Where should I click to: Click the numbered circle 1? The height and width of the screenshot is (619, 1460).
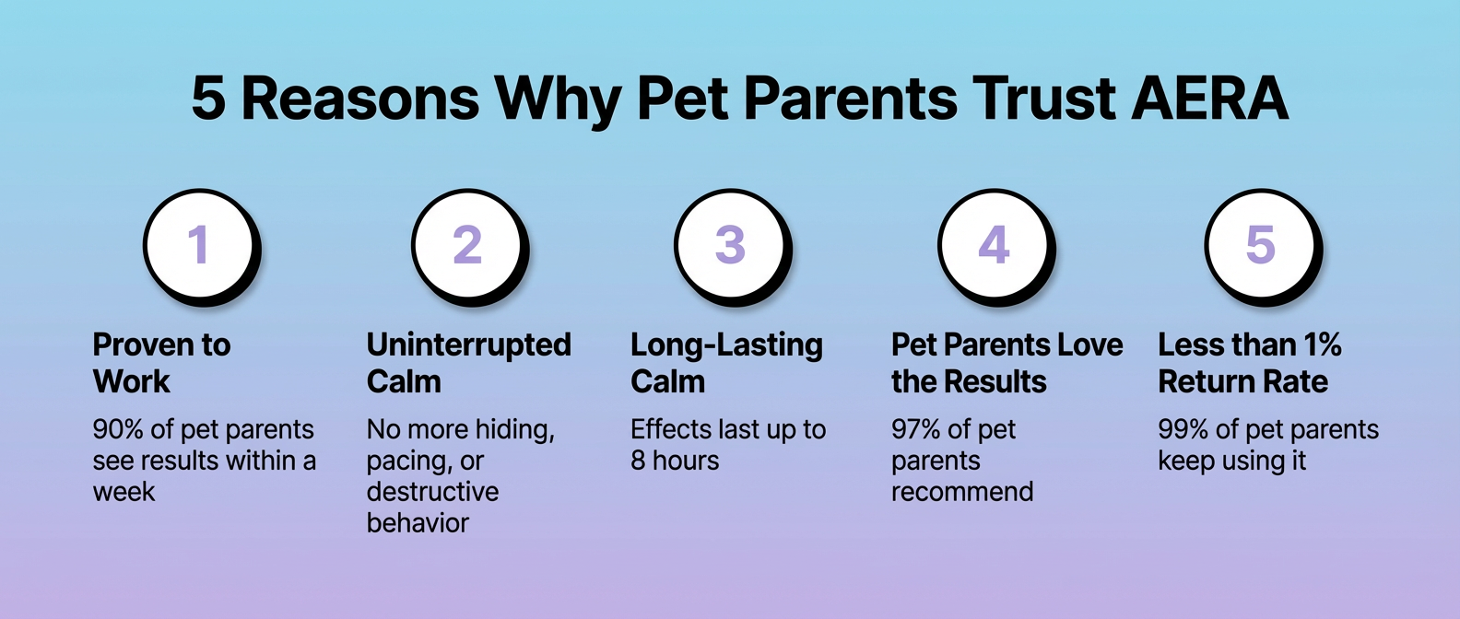coord(201,246)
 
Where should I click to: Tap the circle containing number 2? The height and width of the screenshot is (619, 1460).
coord(469,246)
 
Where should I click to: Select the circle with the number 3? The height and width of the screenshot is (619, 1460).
coord(732,246)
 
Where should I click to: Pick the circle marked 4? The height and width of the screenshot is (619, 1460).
coord(996,246)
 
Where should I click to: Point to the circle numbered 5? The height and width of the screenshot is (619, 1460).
coord(1263,246)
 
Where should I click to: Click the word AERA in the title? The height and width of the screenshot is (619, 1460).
coord(1209,99)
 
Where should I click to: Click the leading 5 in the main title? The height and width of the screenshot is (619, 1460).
coord(208,99)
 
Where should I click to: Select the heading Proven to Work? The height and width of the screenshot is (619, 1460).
coord(161,363)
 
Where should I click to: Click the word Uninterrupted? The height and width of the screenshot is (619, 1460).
coord(468,345)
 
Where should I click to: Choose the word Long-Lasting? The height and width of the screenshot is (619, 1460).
coord(726,345)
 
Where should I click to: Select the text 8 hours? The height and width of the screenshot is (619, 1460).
coord(675,461)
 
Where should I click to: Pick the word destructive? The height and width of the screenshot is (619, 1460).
coord(432,491)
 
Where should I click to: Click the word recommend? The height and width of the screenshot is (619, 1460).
coord(962,491)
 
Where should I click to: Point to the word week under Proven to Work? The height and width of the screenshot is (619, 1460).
coord(124,491)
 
